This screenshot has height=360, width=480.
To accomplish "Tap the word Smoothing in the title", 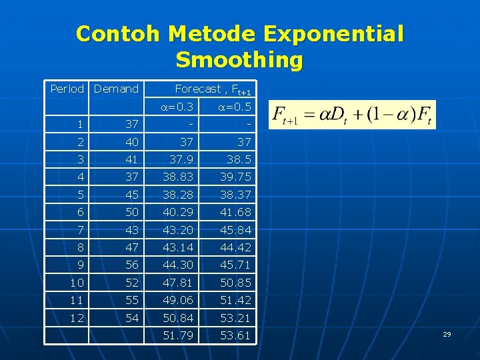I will click(239, 60).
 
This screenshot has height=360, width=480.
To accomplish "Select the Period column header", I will click(67, 89).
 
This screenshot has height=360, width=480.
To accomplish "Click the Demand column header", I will click(116, 89).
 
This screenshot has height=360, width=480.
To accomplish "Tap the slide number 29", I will click(447, 333).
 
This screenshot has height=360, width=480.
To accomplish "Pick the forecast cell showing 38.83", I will click(179, 177).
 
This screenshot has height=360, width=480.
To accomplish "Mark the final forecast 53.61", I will click(235, 335).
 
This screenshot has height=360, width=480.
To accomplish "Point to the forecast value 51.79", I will click(179, 335).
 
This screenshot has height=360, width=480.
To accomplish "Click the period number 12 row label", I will click(77, 318).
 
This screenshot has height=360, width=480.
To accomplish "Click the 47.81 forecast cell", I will click(179, 283).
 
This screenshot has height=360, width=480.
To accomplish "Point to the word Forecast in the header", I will click(197, 89).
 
